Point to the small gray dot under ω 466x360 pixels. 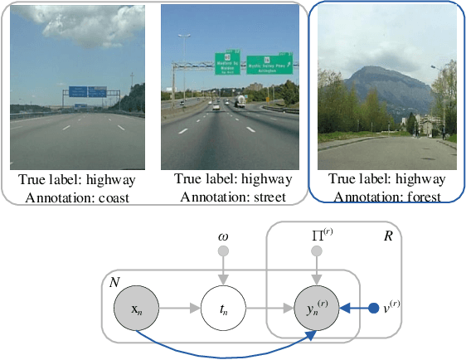[x=222, y=253]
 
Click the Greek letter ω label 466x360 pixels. [x=222, y=236]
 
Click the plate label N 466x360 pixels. [x=114, y=283]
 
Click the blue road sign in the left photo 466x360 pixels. [x=79, y=90]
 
